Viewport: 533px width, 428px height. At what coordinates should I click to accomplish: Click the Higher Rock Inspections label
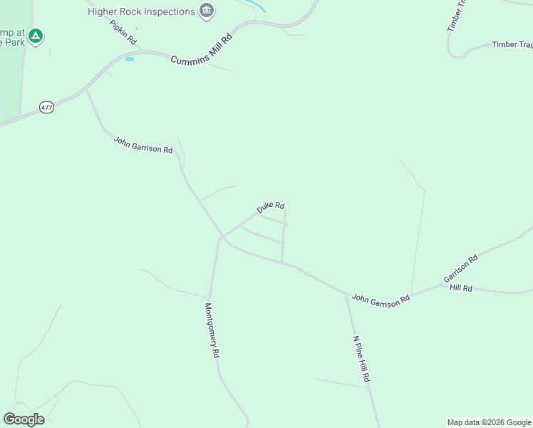pyautogui.click(x=141, y=11)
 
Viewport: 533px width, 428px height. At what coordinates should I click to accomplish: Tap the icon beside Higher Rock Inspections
pyautogui.click(x=207, y=11)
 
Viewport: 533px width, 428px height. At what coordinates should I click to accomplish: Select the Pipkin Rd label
pyautogui.click(x=123, y=32)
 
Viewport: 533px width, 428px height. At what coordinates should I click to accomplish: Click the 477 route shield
pyautogui.click(x=47, y=108)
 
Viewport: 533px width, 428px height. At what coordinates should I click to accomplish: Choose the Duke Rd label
pyautogui.click(x=271, y=207)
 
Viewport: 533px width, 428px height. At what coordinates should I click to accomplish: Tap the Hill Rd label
pyautogui.click(x=461, y=288)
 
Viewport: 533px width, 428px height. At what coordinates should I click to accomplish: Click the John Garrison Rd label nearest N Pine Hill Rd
pyautogui.click(x=381, y=299)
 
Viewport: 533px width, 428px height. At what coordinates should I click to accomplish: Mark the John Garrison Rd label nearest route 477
pyautogui.click(x=143, y=145)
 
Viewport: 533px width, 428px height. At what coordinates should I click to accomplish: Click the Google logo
pyautogui.click(x=24, y=419)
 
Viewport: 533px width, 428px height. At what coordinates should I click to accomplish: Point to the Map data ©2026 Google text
pyautogui.click(x=489, y=422)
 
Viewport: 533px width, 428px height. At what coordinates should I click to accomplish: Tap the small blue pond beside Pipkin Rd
pyautogui.click(x=130, y=58)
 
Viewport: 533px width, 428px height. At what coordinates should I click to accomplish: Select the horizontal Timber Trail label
pyautogui.click(x=512, y=45)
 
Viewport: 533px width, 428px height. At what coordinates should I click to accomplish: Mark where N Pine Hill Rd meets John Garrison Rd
pyautogui.click(x=346, y=293)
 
